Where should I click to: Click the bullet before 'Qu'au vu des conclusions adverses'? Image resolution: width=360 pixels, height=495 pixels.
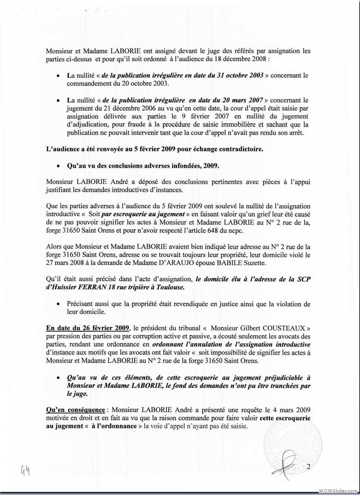pos(58,166)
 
